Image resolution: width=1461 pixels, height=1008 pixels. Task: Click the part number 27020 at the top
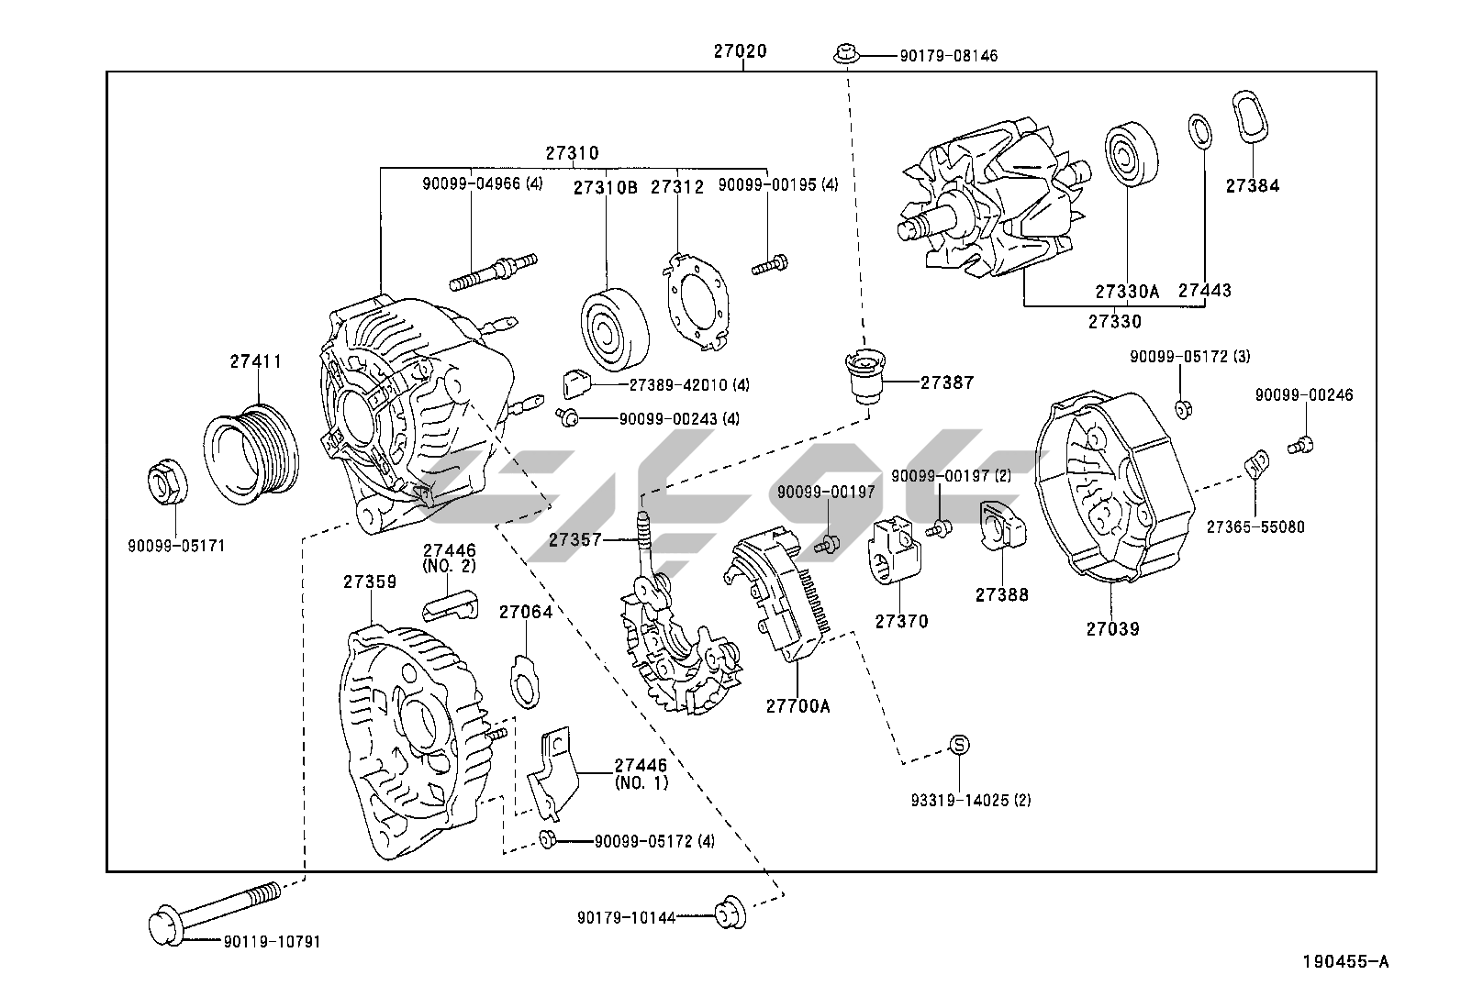(740, 52)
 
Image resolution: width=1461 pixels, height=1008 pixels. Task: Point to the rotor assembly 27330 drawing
(991, 206)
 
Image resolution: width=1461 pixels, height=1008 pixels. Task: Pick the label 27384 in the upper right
(1252, 185)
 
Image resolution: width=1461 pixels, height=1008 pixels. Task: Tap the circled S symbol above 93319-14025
(958, 745)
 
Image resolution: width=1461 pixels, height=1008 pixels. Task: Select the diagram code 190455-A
(1345, 961)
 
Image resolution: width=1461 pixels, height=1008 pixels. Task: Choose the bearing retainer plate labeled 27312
(696, 302)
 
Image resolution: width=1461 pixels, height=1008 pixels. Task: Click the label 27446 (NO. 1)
(641, 773)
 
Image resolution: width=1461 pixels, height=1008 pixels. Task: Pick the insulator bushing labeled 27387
(864, 377)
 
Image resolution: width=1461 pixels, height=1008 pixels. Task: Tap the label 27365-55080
(1255, 527)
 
